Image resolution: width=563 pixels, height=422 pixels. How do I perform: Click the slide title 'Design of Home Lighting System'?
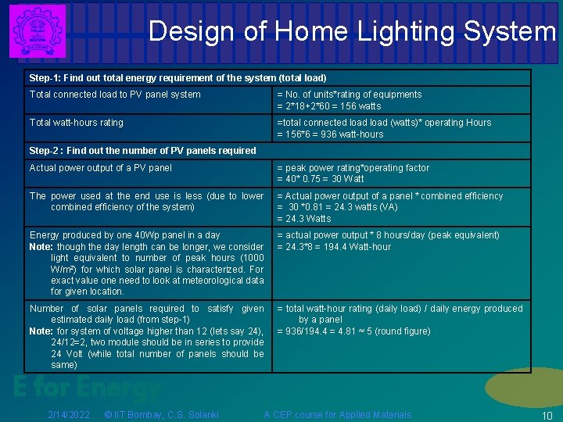352,31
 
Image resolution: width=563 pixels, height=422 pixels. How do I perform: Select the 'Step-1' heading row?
178,78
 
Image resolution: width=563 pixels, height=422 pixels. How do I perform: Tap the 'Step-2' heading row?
142,151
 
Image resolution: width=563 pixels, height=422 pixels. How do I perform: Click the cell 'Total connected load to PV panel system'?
115,95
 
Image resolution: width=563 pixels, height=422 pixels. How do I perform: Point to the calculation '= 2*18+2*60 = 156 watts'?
329,106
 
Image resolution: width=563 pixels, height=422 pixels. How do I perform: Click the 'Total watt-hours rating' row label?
76,123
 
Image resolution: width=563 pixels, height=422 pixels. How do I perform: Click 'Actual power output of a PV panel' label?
101,168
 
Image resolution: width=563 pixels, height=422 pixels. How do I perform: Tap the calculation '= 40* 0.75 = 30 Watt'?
321,179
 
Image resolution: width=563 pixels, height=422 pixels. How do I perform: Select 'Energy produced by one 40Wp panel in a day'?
125,235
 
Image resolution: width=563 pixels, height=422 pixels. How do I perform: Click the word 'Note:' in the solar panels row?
41,331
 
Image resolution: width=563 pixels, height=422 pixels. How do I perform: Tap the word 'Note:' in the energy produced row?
41,247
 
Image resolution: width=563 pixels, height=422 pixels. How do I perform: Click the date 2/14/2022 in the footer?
69,415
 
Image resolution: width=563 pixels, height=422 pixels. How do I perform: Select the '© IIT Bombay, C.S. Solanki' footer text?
161,415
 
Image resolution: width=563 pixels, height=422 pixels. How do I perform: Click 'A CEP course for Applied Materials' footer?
337,415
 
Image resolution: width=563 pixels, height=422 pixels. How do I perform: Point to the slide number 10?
547,416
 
